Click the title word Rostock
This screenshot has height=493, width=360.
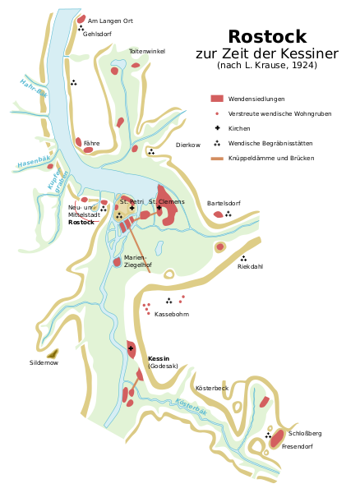tap(267, 36)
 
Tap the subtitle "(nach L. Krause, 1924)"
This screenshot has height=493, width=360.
tap(267, 65)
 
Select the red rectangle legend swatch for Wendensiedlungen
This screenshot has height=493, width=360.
tap(217, 99)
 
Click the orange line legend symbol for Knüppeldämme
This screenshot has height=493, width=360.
tap(217, 159)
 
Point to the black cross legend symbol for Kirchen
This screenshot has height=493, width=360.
tap(217, 128)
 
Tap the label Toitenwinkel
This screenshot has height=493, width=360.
tap(147, 51)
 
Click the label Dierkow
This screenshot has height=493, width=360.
tap(188, 145)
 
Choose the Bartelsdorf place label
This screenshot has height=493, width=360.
tap(224, 204)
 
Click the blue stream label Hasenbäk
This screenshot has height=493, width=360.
tap(34, 162)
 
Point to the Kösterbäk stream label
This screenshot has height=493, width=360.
tap(192, 408)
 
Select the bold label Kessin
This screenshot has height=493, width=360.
tap(159, 359)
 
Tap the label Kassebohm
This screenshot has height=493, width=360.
tap(172, 314)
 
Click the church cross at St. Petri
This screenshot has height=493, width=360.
tap(132, 208)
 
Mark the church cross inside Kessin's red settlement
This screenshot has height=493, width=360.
tap(131, 348)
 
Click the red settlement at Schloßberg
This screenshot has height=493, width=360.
tap(277, 438)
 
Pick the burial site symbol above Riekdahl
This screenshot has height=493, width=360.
tap(243, 259)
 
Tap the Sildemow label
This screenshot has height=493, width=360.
tap(44, 363)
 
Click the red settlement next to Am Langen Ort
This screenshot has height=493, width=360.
tap(81, 19)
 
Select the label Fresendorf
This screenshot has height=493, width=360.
tap(297, 446)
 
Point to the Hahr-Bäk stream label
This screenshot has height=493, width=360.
tap(34, 88)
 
